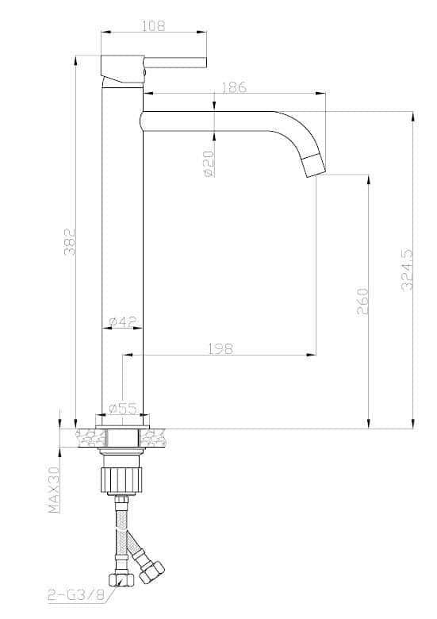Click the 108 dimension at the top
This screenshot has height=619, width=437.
tap(153, 25)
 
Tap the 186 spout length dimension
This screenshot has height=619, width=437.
tap(234, 87)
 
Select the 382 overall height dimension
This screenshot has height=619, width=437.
tap(70, 241)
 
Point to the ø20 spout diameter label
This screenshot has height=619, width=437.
tap(209, 163)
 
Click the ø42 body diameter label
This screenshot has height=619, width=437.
tap(122, 321)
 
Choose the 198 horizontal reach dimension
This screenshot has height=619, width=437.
tap(220, 348)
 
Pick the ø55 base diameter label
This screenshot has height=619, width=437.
tap(122, 408)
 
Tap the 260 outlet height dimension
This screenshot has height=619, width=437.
tap(362, 302)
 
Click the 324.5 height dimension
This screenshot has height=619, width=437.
tap(407, 270)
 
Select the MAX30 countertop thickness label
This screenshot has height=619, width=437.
tap(54, 490)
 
